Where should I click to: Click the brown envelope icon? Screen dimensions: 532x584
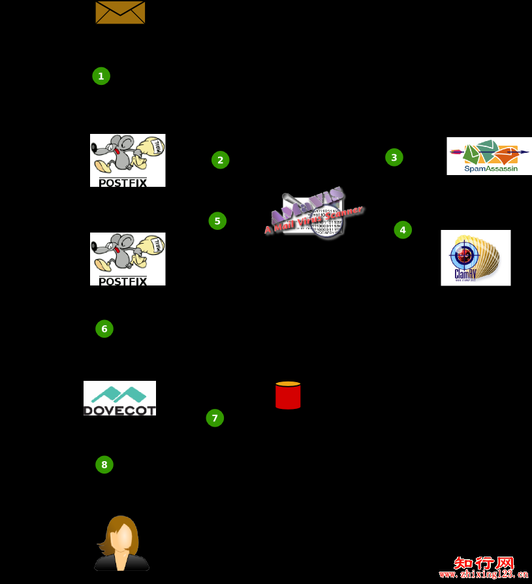pos(120,12)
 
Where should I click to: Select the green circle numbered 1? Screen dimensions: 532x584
pos(101,76)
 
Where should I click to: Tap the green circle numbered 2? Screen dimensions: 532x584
pos(221,160)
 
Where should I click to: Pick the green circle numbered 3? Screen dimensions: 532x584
pos(394,157)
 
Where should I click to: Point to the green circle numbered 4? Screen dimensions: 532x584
pos(403,230)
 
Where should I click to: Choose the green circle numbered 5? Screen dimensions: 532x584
pos(217,221)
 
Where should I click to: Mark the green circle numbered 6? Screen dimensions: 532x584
pos(104,329)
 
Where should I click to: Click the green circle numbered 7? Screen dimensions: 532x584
pos(215,418)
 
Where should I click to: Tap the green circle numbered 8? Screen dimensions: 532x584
pos(104,465)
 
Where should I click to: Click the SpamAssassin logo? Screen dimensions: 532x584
pos(489,155)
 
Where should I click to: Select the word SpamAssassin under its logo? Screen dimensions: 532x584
pos(491,169)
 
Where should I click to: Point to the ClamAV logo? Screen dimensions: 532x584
pos(475,257)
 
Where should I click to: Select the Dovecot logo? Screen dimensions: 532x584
pos(119,398)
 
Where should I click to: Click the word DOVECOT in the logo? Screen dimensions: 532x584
pos(119,410)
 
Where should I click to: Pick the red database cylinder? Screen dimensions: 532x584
pos(288,396)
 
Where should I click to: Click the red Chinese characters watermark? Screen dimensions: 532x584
pos(484,563)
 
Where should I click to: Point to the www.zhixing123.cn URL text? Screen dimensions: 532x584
pos(484,575)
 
